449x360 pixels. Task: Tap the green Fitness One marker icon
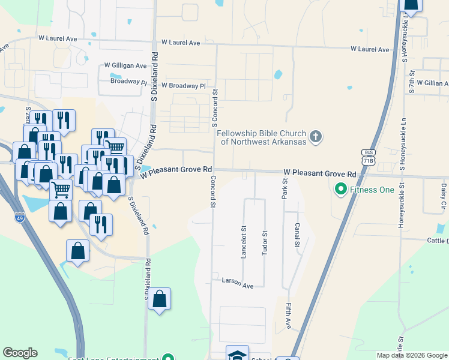[341, 190]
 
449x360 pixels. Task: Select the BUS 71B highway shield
[368, 157]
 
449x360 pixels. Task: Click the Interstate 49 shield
[20, 218]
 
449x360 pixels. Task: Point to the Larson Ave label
[238, 281]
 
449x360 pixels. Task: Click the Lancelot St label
[244, 241]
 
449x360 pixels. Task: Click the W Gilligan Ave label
[125, 65]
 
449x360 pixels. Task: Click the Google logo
[20, 353]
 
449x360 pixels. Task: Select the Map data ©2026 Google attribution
[412, 355]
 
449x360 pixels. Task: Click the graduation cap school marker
[237, 355]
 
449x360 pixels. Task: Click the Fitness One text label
[373, 190]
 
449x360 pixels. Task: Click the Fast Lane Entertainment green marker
[169, 358]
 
